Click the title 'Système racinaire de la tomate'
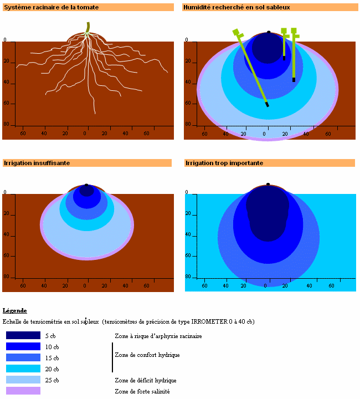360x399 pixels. click(52, 7)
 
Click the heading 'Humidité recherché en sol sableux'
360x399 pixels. click(236, 7)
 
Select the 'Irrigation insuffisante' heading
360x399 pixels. click(37, 163)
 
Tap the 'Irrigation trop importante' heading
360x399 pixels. click(224, 163)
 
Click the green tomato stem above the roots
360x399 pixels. click(88, 28)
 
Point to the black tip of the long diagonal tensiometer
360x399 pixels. click(267, 104)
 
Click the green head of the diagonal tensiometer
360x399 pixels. click(238, 33)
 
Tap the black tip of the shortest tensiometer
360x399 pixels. click(284, 58)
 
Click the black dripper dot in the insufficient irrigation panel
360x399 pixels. click(86, 185)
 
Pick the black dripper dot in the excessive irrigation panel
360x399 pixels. click(268, 184)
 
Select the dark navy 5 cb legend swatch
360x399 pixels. click(23, 335)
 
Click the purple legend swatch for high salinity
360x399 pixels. click(23, 391)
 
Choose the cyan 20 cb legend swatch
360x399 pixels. click(23, 369)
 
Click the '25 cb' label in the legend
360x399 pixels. click(52, 380)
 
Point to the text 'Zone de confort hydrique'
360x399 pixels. click(147, 355)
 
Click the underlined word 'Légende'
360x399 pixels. click(15, 310)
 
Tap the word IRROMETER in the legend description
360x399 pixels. click(209, 321)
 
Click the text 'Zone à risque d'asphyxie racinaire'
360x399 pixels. click(158, 336)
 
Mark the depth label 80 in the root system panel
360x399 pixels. click(6, 124)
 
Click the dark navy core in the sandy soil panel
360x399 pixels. click(268, 48)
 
